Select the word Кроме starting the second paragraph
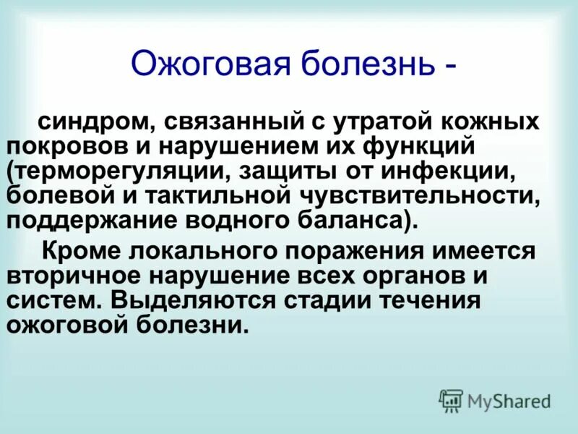click(x=82, y=252)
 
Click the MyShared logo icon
click(x=451, y=401)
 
